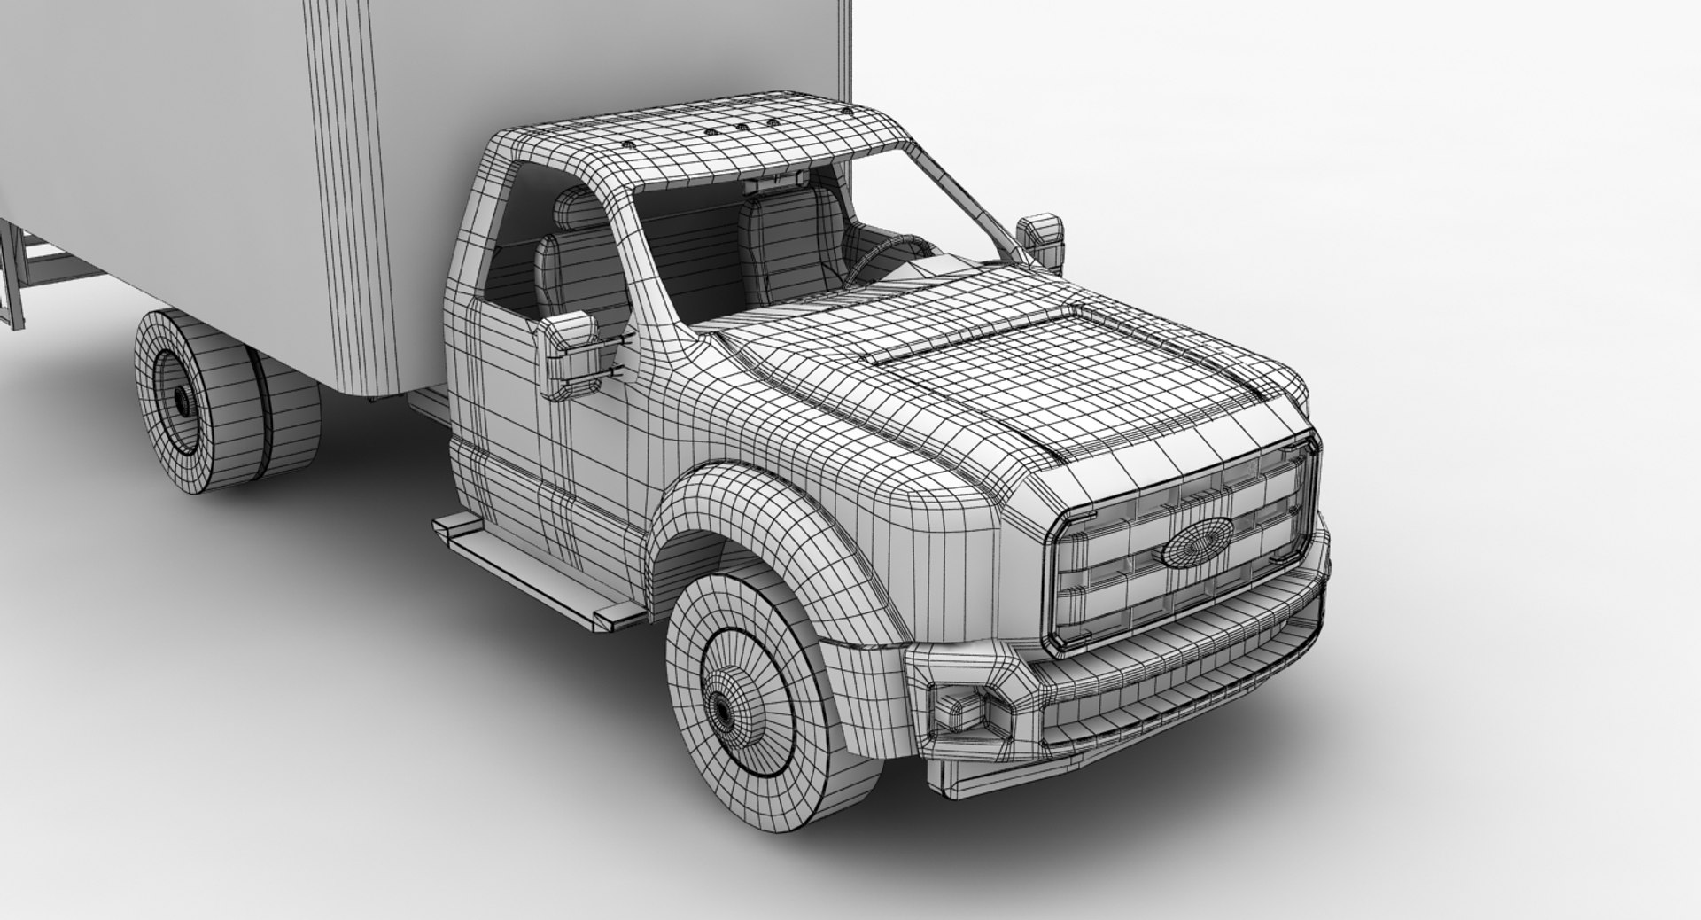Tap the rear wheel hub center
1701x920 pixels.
[x=181, y=402]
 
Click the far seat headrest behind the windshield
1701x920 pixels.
[x=780, y=211]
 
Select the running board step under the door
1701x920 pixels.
[x=532, y=567]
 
